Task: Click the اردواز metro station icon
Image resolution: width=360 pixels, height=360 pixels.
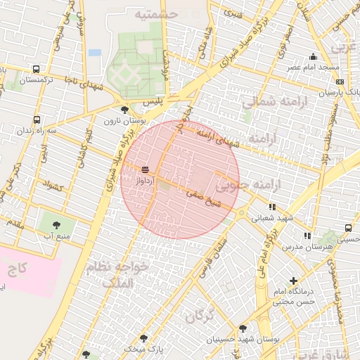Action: [x=146, y=169]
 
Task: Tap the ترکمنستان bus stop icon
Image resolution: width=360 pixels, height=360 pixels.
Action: [x=36, y=70]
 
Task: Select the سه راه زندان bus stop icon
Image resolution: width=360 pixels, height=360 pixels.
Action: [x=36, y=120]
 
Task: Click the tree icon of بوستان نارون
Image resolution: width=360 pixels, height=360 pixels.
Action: [x=124, y=110]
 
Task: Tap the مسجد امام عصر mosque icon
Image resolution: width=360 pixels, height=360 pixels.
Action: [x=313, y=57]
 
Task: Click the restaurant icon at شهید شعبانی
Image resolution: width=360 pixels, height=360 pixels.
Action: [x=272, y=207]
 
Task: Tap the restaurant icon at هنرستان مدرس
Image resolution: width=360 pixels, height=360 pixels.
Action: [x=307, y=236]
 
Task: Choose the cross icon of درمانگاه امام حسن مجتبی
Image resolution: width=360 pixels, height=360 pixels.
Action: [x=293, y=281]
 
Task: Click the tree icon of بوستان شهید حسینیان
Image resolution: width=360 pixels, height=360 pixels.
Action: [x=243, y=328]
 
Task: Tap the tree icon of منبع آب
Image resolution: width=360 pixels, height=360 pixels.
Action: [x=55, y=224]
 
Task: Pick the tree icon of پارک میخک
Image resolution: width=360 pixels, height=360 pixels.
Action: [x=86, y=355]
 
